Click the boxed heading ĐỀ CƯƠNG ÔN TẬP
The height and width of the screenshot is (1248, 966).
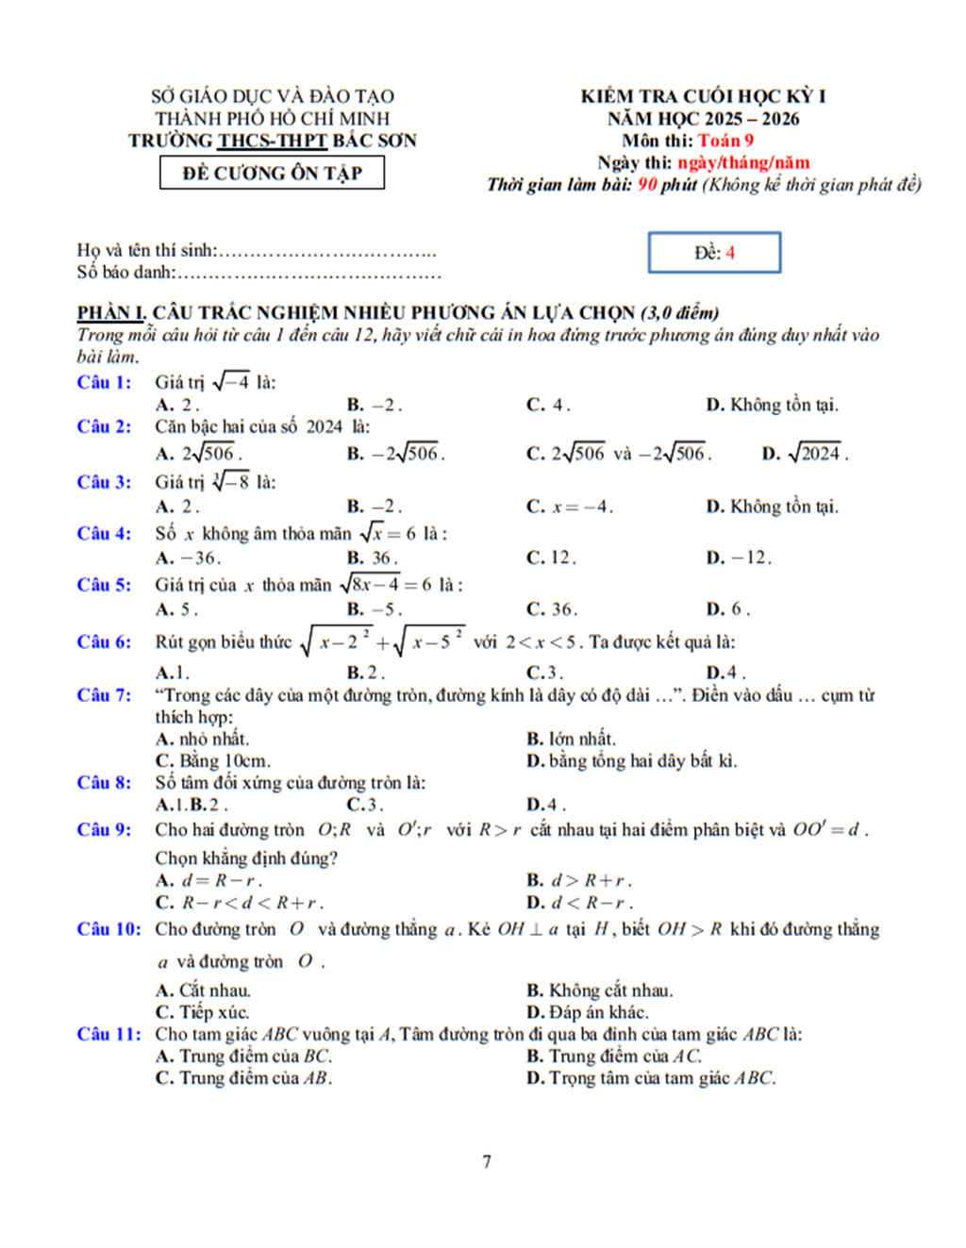point(272,173)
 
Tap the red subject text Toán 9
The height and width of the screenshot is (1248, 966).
point(725,141)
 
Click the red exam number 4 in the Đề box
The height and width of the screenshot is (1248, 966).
point(730,253)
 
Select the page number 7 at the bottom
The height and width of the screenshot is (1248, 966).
point(487,1161)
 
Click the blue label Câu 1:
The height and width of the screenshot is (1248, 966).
point(104,382)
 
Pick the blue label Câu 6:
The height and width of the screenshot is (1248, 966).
point(104,641)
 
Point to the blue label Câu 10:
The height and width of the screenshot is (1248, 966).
point(108,929)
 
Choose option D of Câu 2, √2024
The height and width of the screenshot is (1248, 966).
point(805,454)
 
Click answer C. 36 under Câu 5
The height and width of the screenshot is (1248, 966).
point(551,608)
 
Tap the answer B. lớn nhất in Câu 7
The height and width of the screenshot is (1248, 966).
point(570,739)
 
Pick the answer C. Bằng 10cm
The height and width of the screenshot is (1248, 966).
point(212,760)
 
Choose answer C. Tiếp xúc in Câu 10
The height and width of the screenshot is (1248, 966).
point(202,1012)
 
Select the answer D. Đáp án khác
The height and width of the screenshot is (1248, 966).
point(587,1012)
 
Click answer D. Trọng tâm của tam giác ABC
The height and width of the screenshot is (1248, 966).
point(651,1077)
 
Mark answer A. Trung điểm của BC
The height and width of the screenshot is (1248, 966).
point(243,1056)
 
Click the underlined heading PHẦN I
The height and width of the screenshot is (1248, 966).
point(111,312)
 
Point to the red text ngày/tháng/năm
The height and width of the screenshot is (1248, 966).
point(743,162)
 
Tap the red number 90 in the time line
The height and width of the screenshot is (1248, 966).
point(647,184)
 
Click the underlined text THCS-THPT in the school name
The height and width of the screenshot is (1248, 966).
point(273,141)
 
